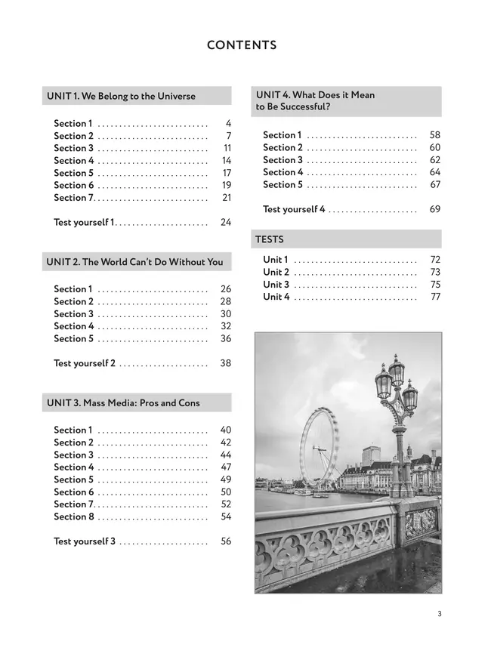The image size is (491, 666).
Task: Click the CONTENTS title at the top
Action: (x=242, y=45)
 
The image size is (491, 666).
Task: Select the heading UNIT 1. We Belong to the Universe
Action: (x=121, y=96)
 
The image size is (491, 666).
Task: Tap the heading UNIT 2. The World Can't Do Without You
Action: (x=134, y=262)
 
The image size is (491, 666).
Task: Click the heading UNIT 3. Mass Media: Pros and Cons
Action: (x=123, y=402)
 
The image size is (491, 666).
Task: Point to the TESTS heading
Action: (x=270, y=239)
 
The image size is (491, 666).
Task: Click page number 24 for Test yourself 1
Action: (x=226, y=222)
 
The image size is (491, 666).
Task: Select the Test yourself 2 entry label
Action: (x=85, y=363)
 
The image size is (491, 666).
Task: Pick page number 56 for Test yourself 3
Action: (x=226, y=541)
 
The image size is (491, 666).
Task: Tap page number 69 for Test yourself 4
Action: (x=435, y=209)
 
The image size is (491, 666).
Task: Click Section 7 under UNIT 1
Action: (x=73, y=198)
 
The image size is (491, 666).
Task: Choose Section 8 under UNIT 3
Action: (x=74, y=516)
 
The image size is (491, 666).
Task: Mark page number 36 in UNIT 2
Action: (x=226, y=339)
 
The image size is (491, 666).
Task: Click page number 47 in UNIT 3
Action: (x=226, y=467)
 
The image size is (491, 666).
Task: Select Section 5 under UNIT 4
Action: (x=283, y=185)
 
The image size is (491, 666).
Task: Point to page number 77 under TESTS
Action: (x=435, y=297)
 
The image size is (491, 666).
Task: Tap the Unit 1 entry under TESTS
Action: (x=276, y=260)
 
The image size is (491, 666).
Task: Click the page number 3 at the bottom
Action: (x=439, y=614)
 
